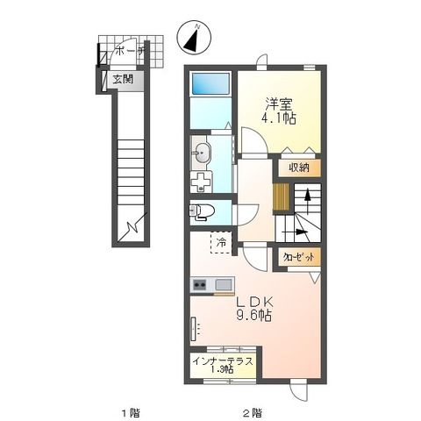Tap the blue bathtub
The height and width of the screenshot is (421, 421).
click(210, 84)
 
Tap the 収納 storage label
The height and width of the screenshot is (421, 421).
click(297, 167)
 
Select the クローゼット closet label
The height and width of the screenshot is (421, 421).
click(297, 256)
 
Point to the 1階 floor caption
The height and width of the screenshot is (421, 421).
click(129, 411)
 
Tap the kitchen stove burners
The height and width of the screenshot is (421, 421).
click(199, 284)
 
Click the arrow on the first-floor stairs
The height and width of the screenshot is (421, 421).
click(133, 230)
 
